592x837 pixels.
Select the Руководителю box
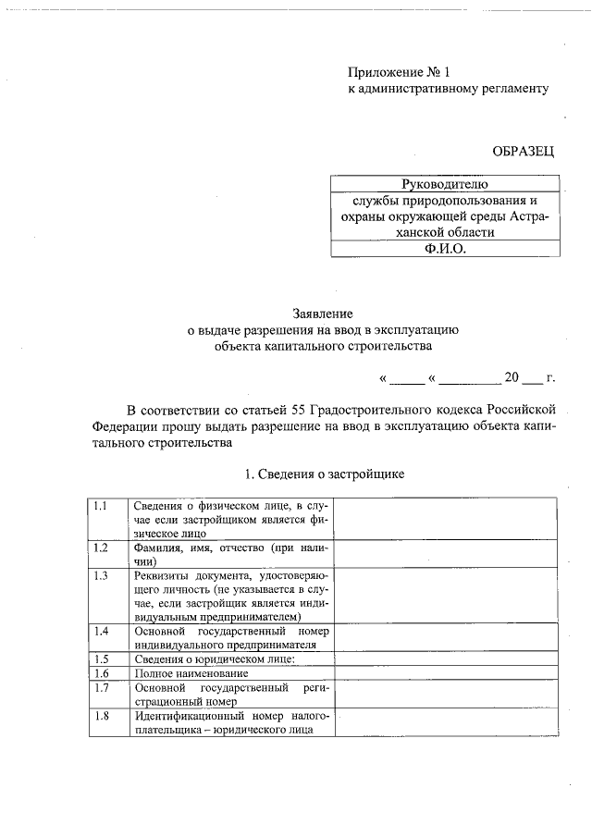(x=443, y=184)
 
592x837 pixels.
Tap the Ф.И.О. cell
(x=443, y=250)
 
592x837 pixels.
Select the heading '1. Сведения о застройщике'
(x=324, y=474)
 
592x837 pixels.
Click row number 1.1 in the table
(x=101, y=506)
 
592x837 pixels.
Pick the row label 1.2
(x=101, y=548)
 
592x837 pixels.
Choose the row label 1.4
(x=101, y=631)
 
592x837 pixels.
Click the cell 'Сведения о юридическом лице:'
(x=214, y=659)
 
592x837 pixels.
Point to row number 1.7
(x=101, y=688)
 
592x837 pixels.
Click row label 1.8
(x=101, y=716)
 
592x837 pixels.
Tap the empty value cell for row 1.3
(x=446, y=596)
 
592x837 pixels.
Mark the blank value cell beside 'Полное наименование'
(x=446, y=673)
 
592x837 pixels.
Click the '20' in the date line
(x=512, y=377)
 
